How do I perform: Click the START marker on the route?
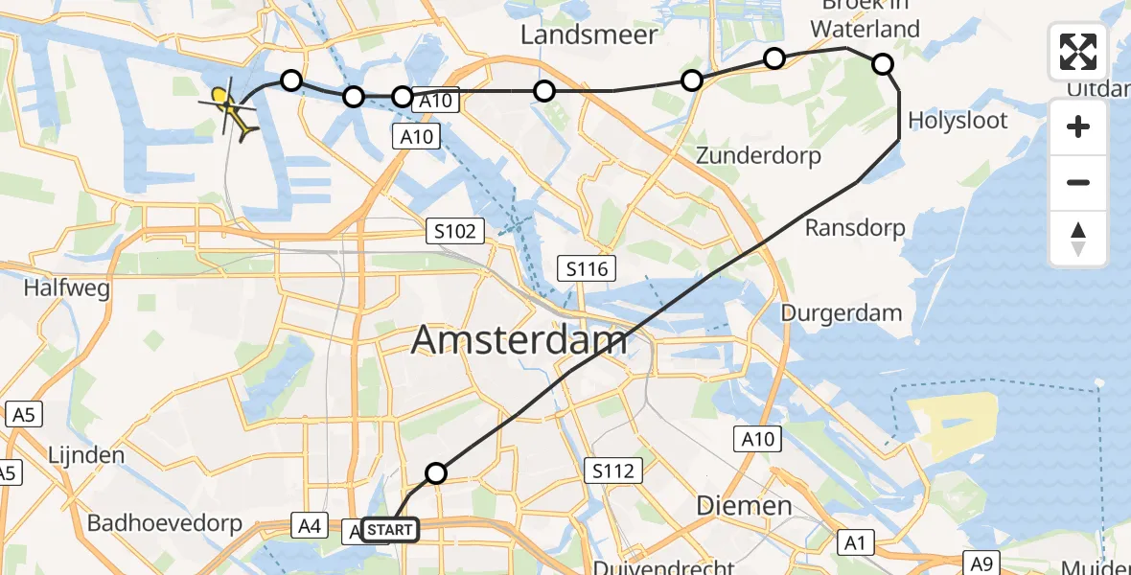[x=389, y=530]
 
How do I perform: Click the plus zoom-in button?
[x=1078, y=127]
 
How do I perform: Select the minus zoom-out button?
[x=1078, y=182]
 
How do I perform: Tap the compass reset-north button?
[x=1078, y=238]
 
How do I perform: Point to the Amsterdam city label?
[x=519, y=340]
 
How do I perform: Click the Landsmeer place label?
[x=589, y=35]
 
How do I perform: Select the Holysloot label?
[x=958, y=121]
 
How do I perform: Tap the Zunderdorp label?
[x=758, y=155]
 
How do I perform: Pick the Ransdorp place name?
[x=855, y=228]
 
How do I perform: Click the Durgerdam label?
[x=842, y=312]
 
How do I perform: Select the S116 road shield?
[x=588, y=269]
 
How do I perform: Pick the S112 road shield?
[x=612, y=470]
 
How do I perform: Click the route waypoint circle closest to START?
[x=436, y=472]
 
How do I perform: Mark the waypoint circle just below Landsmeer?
[x=544, y=91]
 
